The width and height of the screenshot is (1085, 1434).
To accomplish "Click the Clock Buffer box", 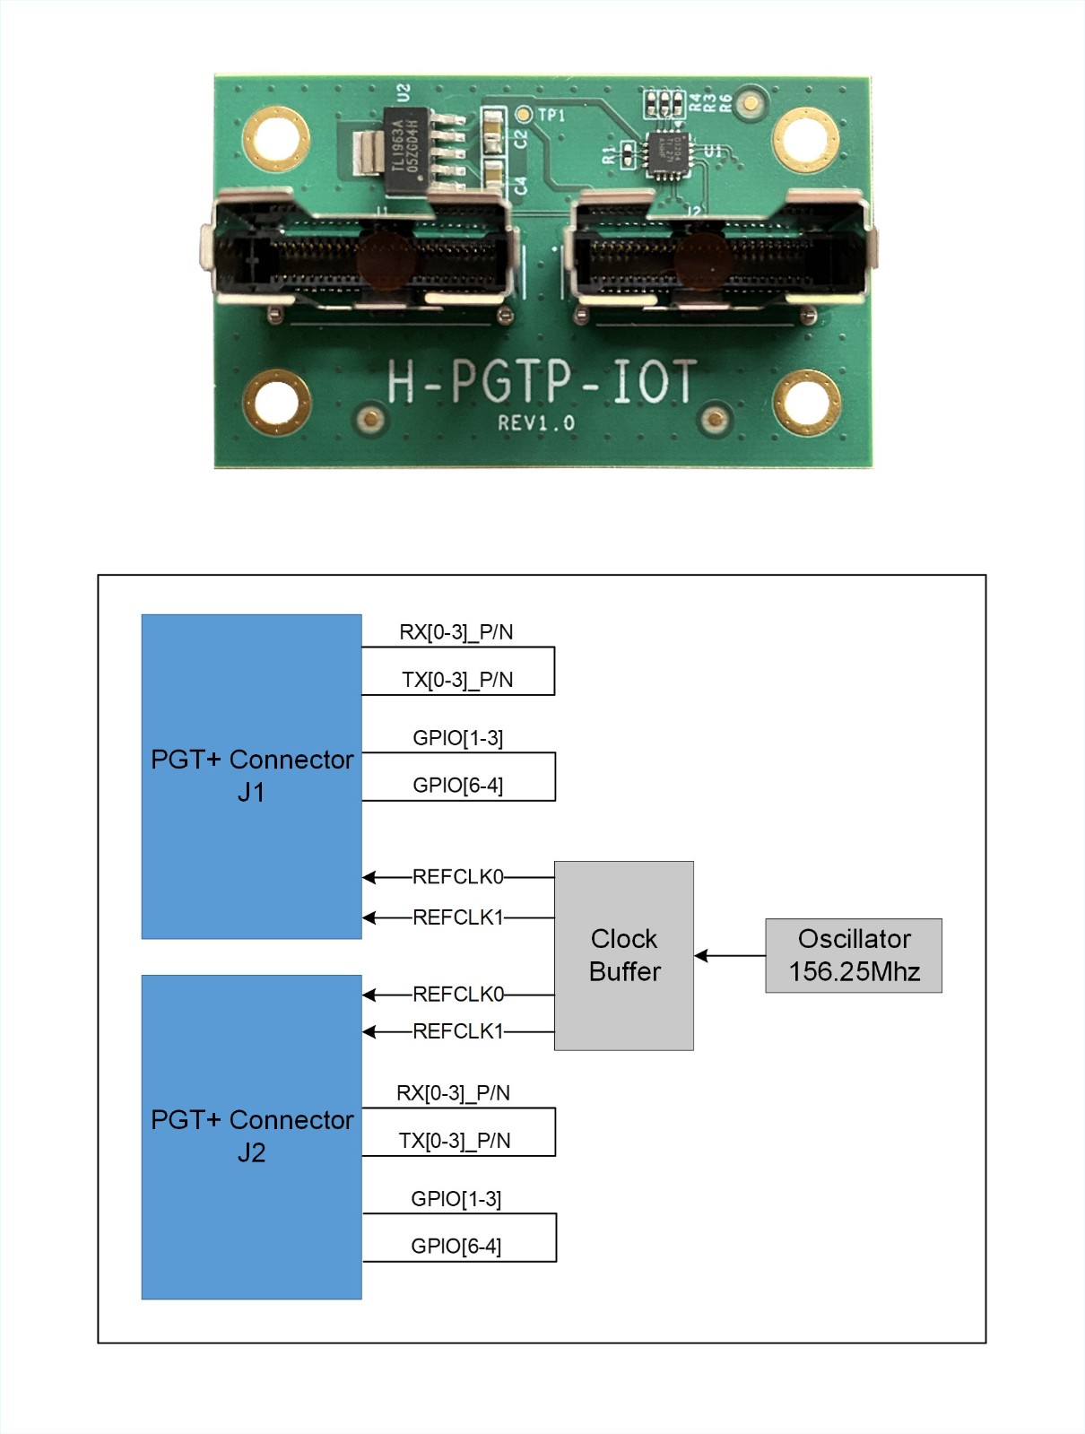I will [623, 955].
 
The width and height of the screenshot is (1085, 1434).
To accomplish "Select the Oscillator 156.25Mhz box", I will [853, 955].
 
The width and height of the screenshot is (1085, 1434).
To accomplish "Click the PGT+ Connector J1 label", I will [252, 776].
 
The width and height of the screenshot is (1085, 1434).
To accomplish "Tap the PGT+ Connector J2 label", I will [252, 1136].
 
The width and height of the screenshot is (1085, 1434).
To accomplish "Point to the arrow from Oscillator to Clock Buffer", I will [729, 955].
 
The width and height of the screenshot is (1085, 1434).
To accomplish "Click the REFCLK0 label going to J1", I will [457, 876].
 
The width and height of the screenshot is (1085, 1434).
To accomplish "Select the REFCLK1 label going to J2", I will [457, 1031].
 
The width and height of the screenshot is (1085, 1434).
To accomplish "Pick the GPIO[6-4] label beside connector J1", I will [457, 786].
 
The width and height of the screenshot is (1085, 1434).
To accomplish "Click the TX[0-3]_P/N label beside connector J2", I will [455, 1141].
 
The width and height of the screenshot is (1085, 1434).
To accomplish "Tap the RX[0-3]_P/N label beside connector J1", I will [456, 632].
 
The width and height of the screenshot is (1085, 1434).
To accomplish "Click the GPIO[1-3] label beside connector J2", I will [456, 1199].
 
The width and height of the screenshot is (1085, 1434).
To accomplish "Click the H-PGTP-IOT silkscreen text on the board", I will [542, 381].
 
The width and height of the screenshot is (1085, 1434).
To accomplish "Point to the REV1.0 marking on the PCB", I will [536, 423].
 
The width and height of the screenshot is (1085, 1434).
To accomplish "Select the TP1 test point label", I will [551, 115].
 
